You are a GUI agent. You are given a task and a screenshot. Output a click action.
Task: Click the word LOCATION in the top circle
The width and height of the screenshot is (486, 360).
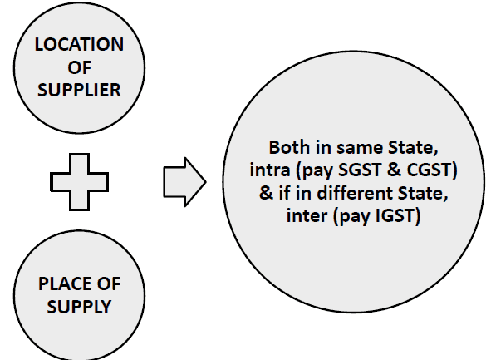79,44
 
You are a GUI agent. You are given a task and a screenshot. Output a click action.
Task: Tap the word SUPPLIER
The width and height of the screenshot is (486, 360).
79,90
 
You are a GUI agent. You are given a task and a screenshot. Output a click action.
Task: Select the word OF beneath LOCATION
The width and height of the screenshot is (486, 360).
80,67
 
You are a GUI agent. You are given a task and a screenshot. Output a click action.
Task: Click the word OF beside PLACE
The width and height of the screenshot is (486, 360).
109,284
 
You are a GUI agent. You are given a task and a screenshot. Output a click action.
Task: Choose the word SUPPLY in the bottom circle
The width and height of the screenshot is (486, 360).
79,307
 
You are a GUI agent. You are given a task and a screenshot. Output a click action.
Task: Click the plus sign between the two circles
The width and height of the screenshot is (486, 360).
80,182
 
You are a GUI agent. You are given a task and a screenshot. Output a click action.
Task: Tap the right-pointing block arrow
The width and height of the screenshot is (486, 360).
184,182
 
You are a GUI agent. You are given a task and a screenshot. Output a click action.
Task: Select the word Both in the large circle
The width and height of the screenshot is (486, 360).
290,147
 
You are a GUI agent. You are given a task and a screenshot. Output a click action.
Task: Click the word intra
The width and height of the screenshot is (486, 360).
270,170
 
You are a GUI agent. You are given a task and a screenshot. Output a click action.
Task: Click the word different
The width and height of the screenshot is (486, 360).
356,193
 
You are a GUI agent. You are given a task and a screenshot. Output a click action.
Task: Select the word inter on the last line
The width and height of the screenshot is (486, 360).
307,216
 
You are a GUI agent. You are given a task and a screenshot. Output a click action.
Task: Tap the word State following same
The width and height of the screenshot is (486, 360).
413,147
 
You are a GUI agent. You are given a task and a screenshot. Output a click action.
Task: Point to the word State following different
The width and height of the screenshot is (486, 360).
423,193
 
